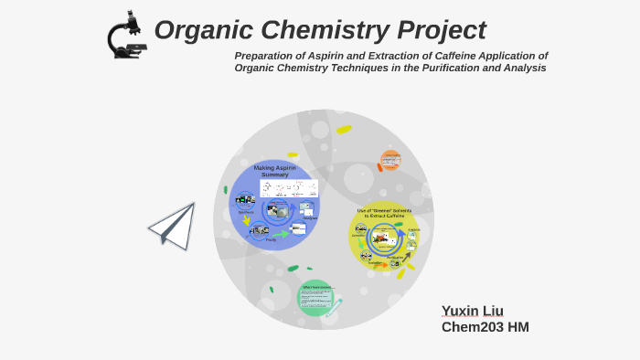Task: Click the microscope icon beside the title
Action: [x=126, y=35]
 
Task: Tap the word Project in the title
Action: [x=442, y=30]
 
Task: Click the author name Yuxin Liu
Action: [x=472, y=312]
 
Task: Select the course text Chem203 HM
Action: [x=485, y=327]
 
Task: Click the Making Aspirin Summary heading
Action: [x=275, y=171]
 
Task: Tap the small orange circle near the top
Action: [x=390, y=161]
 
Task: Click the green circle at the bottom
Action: [x=315, y=298]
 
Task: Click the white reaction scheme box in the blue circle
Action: [x=289, y=189]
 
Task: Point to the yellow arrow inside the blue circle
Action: [x=246, y=220]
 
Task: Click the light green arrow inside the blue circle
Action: [x=281, y=234]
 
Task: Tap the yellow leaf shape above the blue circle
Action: [x=293, y=154]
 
